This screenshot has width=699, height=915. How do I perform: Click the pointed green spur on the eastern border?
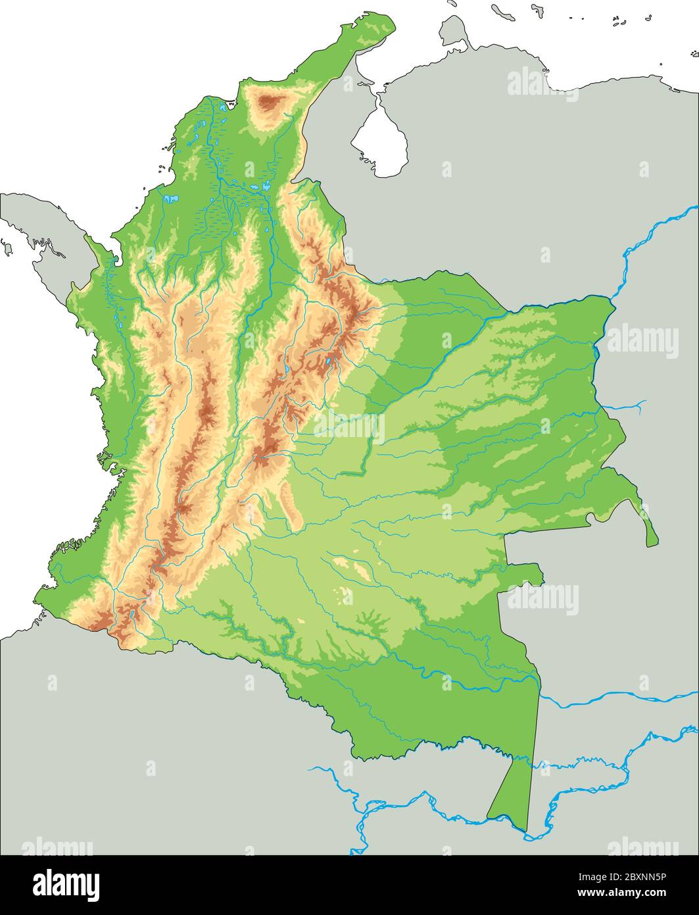pyautogui.click(x=651, y=536)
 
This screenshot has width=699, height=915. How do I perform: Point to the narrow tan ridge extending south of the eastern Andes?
pyautogui.click(x=289, y=500)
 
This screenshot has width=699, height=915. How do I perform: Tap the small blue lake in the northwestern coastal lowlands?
pyautogui.click(x=171, y=197)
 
